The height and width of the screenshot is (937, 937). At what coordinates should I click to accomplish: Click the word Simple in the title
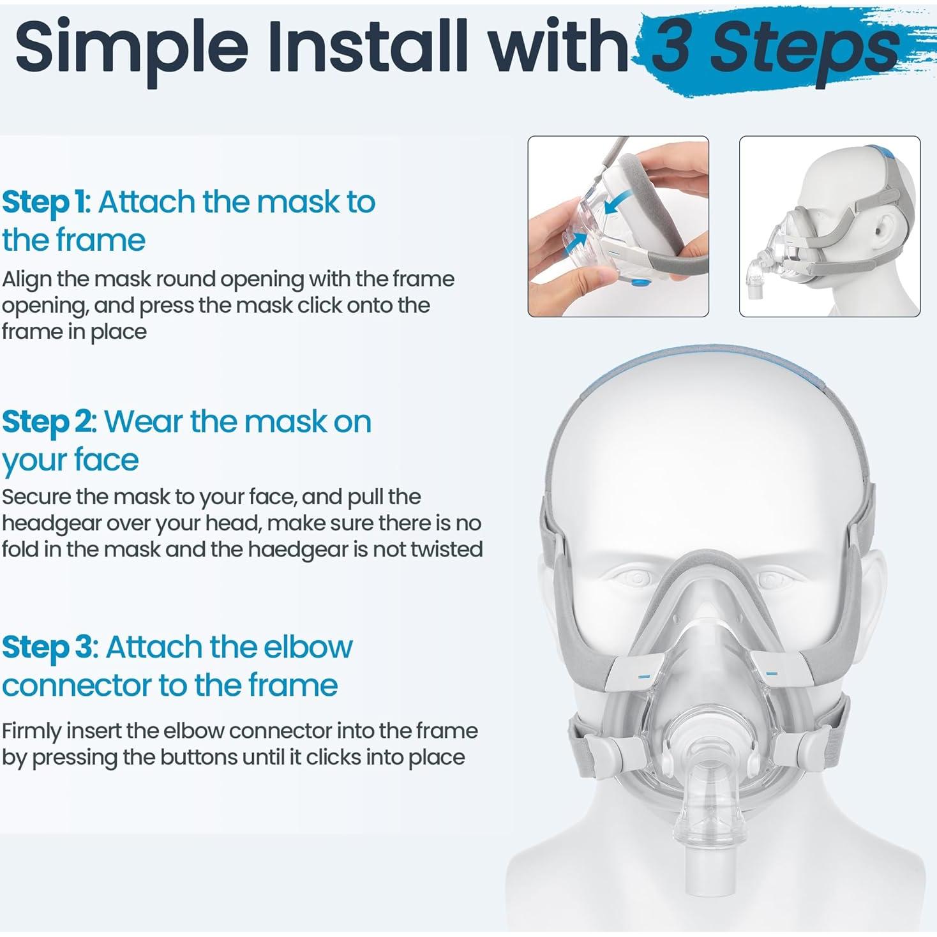(131, 48)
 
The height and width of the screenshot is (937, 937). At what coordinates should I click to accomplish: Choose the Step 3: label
(49, 647)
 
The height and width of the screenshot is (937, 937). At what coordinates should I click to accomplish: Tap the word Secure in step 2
(36, 497)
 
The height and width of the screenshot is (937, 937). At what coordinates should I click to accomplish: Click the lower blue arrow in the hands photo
(576, 241)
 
